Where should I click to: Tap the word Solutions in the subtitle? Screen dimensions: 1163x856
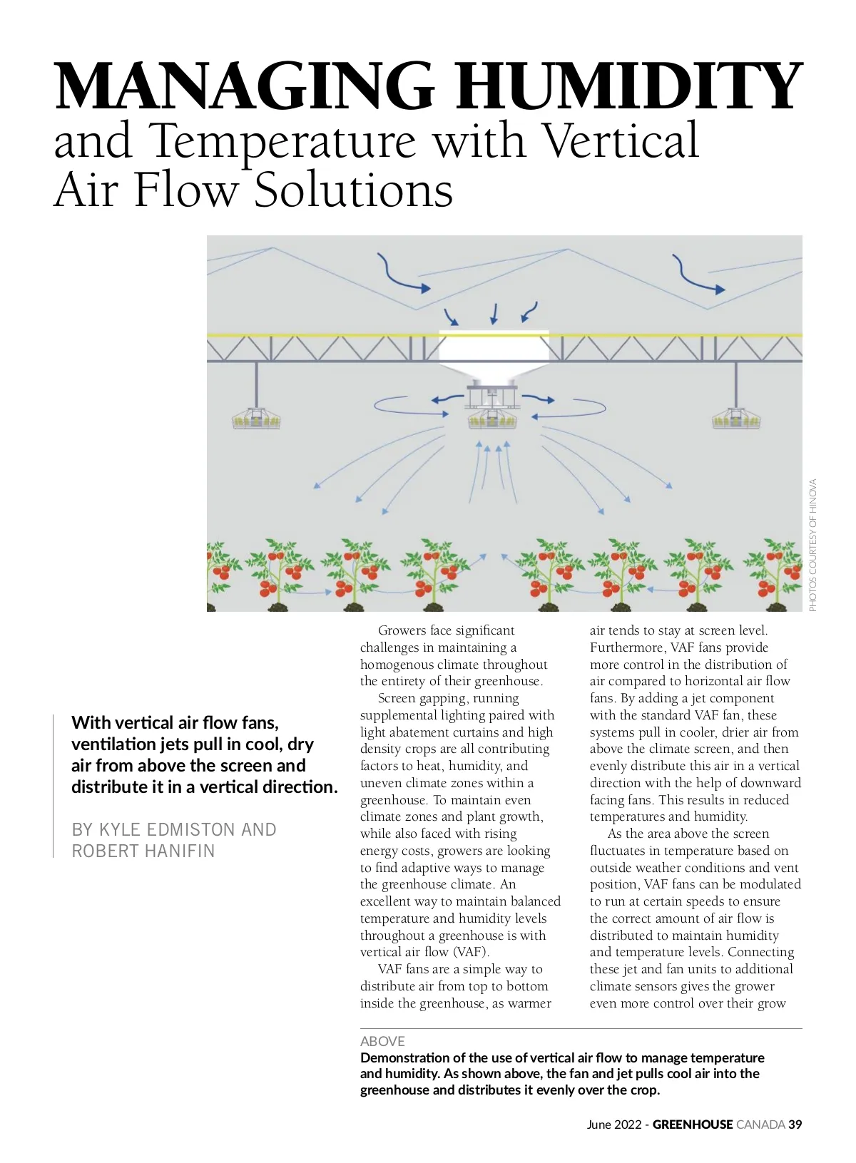[353, 190]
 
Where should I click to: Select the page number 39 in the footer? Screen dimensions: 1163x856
[795, 1124]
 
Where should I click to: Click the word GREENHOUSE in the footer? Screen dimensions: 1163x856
[692, 1124]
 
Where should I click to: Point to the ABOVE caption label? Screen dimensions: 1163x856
[382, 1041]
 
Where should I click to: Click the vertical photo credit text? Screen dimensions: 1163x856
[812, 545]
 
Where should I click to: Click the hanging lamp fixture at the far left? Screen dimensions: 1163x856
[256, 419]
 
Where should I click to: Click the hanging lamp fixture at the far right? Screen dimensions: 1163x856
[736, 419]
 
